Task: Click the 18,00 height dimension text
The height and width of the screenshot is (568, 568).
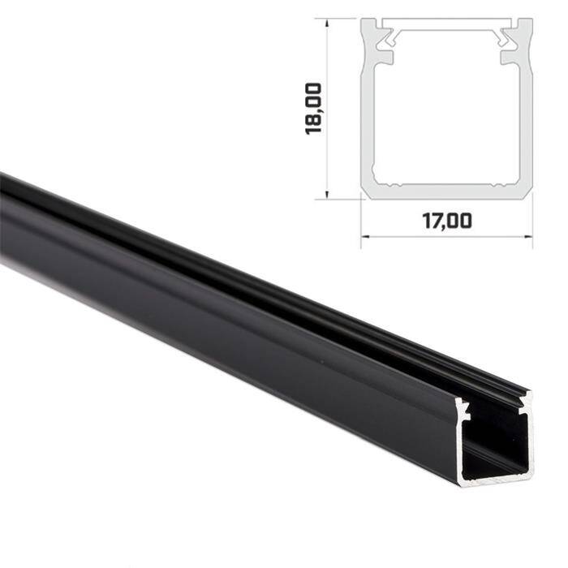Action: point(315,109)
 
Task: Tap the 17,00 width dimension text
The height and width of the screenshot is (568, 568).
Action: point(446,221)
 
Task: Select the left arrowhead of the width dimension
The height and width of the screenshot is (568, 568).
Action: point(364,237)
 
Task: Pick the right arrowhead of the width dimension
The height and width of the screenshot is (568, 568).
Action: point(528,237)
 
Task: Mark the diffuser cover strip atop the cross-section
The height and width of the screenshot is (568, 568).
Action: point(446,25)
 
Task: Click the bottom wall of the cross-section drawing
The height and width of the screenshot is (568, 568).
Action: point(446,191)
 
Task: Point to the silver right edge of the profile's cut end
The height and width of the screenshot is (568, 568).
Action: point(531,438)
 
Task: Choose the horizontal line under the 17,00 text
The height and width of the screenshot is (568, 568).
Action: point(446,237)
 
